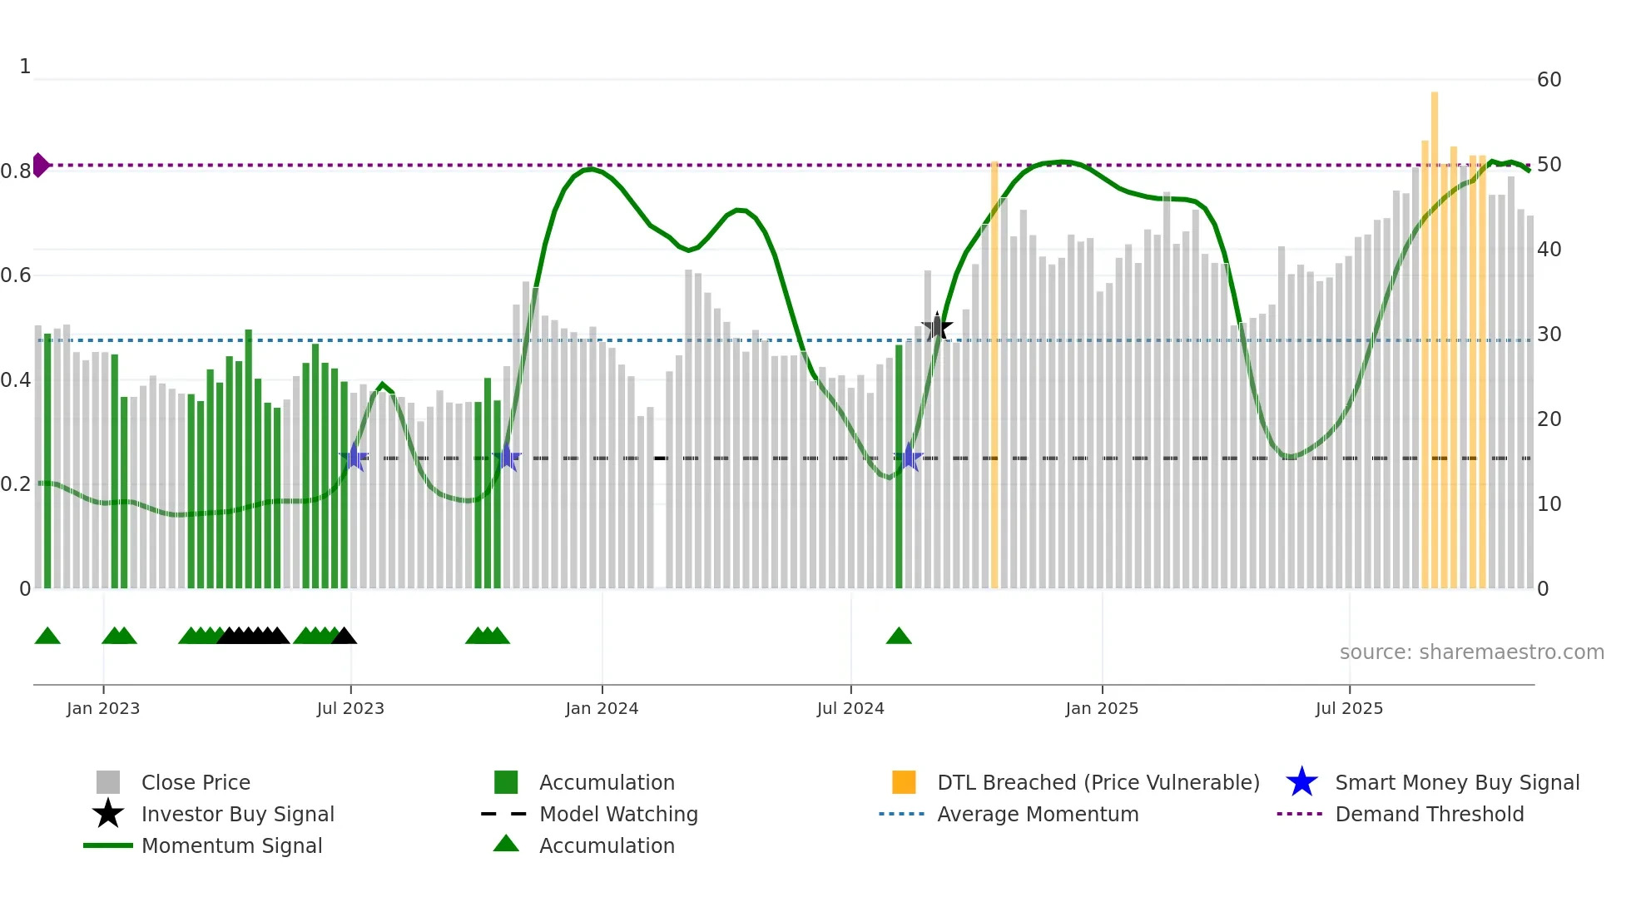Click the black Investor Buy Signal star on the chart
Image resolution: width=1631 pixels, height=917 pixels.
(x=937, y=327)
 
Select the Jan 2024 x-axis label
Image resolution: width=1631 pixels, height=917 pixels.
(x=602, y=708)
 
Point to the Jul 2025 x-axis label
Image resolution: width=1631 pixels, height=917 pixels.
(x=1349, y=708)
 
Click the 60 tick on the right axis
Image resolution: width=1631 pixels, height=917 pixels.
(x=1549, y=80)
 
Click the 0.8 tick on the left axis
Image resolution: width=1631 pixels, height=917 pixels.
(x=16, y=171)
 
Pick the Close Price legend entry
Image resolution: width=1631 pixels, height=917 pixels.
(x=196, y=782)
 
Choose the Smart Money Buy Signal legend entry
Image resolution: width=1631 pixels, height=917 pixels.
(x=1456, y=782)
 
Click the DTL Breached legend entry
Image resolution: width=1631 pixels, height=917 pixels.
(x=1098, y=782)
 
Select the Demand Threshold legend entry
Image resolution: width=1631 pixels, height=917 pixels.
(x=1429, y=814)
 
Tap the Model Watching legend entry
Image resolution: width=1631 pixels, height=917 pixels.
(x=617, y=814)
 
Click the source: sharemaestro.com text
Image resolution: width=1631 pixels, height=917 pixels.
(x=1471, y=652)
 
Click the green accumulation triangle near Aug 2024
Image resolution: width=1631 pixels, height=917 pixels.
(x=899, y=637)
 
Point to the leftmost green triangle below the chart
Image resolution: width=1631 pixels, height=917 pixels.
(x=47, y=637)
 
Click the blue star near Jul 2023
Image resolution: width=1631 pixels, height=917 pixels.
(x=354, y=457)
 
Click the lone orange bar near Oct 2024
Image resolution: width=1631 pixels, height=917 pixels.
(x=994, y=374)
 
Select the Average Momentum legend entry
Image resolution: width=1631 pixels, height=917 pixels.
(x=1037, y=814)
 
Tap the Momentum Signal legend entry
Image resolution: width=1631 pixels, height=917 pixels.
(x=231, y=845)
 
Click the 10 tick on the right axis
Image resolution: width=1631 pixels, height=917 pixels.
(x=1549, y=504)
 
